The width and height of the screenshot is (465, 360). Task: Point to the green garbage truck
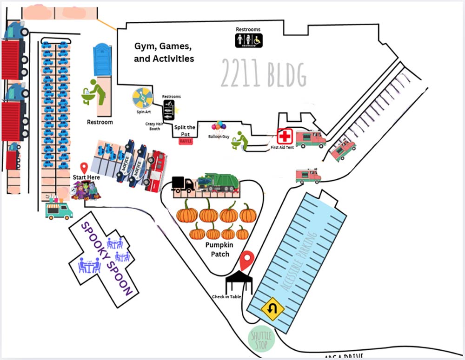tap(218, 183)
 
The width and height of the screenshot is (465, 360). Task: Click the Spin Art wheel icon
tap(143, 98)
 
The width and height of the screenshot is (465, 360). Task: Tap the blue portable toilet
tap(102, 59)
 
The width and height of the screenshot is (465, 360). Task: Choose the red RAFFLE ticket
tap(186, 141)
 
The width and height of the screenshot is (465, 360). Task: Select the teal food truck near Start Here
tap(59, 210)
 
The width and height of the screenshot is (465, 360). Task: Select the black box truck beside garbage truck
tap(182, 184)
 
